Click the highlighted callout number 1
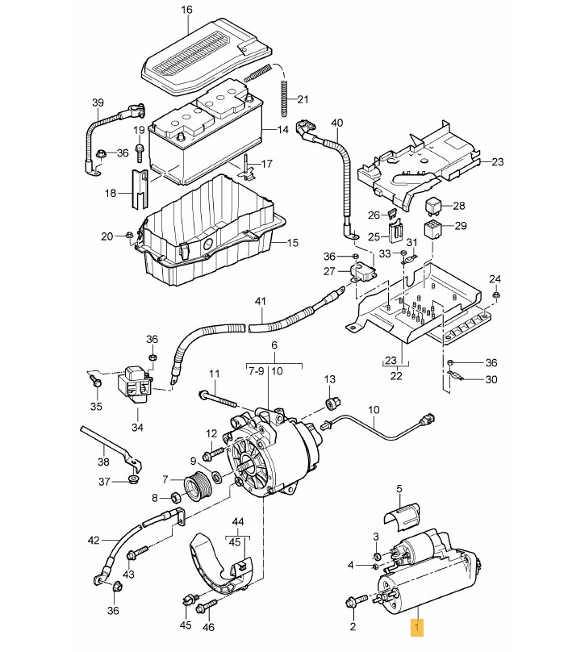click(x=417, y=625)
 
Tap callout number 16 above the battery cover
click(x=186, y=9)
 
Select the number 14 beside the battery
click(x=282, y=130)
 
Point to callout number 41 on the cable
click(x=260, y=301)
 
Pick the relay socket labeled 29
click(x=432, y=229)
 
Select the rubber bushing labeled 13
click(x=332, y=403)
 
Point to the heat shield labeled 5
click(x=401, y=517)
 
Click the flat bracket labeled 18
click(x=140, y=189)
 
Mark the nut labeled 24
click(x=495, y=295)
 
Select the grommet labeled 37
click(x=133, y=479)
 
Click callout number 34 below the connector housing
click(x=137, y=427)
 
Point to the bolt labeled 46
click(x=207, y=604)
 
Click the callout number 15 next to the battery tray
click(x=293, y=242)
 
